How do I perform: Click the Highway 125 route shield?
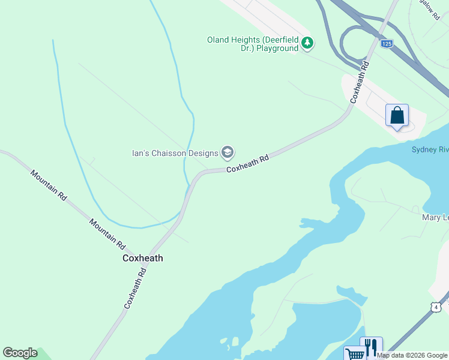[x=387, y=44]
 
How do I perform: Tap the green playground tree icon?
[x=307, y=42]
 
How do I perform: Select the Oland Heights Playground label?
[x=253, y=44]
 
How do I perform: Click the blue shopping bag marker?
[x=397, y=115]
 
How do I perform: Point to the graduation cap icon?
[x=228, y=153]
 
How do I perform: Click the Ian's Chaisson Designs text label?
[x=175, y=153]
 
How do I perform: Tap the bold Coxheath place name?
[x=143, y=258]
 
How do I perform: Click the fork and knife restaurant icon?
[x=371, y=347]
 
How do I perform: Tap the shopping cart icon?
[x=355, y=354]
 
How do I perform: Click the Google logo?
[x=20, y=353]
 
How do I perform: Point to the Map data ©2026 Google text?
[x=412, y=355]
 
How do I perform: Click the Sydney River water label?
[x=430, y=149]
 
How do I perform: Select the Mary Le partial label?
[x=435, y=217]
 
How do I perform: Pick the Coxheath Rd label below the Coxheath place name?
[x=136, y=289]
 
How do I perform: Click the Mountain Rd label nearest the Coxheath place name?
[x=107, y=234]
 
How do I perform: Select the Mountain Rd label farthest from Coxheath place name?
[x=48, y=185]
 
